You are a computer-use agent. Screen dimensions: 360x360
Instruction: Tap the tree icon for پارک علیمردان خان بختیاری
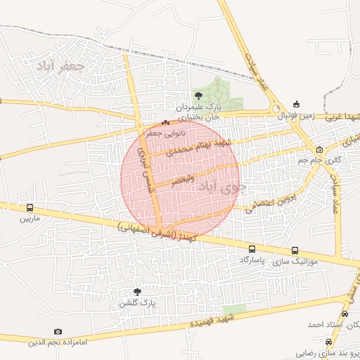point(198,96)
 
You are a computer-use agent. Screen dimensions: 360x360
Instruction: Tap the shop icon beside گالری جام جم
point(320,149)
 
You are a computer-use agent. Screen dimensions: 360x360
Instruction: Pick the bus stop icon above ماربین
point(30,208)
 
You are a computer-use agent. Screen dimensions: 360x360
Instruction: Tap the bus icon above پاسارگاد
point(252,249)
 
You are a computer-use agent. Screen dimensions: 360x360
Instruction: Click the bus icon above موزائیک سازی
point(294,250)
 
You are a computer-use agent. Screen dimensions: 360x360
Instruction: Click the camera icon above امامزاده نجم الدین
point(58,331)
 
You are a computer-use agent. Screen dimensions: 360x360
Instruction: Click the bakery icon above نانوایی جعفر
point(166,122)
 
